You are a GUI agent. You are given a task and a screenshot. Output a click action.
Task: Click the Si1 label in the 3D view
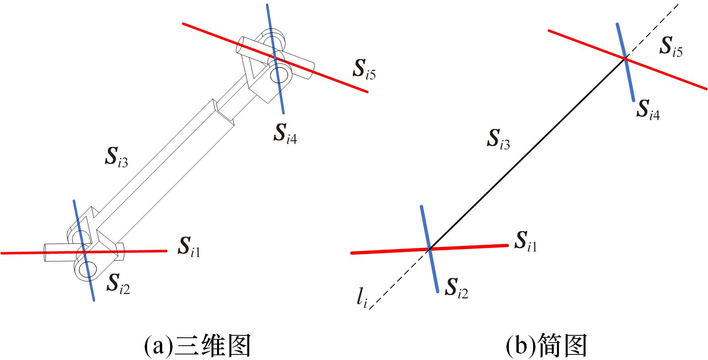(189, 247)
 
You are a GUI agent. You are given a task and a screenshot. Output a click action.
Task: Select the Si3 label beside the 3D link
(116, 157)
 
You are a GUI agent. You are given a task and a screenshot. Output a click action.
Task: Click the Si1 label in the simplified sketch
(526, 242)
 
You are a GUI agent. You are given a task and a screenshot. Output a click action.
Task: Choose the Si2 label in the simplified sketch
(457, 288)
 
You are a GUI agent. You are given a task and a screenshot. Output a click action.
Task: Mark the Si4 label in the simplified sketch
(648, 110)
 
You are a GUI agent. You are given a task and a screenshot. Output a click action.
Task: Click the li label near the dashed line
(361, 298)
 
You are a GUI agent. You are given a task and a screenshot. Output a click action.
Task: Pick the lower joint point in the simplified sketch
(429, 249)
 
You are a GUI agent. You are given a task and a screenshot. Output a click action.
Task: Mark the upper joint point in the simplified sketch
(625, 59)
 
